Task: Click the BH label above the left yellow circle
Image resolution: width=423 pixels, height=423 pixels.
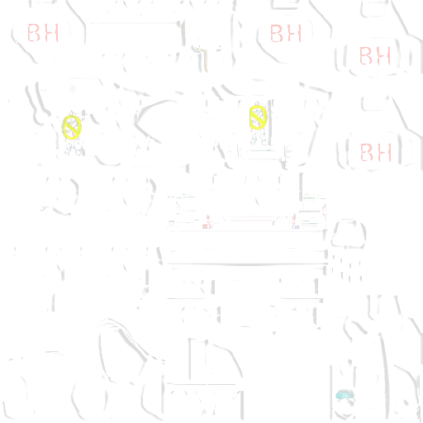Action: coord(43,33)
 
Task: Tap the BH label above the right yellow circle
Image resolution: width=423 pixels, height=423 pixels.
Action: coord(286,33)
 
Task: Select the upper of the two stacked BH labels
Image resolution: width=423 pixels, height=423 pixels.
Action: coord(375,55)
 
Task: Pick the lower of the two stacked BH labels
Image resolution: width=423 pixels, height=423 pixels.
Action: coord(376,152)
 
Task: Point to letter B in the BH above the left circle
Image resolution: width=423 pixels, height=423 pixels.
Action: coord(34,33)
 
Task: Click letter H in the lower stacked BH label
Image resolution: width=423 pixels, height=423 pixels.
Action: coord(385,152)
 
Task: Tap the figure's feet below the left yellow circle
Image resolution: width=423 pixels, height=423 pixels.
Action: coord(73,150)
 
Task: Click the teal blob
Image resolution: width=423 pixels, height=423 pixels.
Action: coord(345,395)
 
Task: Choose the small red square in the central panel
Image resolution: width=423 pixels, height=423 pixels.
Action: coord(207,226)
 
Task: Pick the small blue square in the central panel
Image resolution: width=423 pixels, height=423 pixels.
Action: coord(296,226)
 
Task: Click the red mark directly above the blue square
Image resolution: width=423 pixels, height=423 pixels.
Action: coord(294,219)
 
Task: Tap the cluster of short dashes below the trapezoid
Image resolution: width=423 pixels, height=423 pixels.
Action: coord(346,268)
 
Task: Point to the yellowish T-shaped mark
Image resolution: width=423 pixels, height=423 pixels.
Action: coord(204,59)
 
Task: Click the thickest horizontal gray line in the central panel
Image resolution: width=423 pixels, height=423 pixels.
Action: coord(247,264)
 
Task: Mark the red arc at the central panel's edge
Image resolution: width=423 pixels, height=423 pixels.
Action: coord(324,211)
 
